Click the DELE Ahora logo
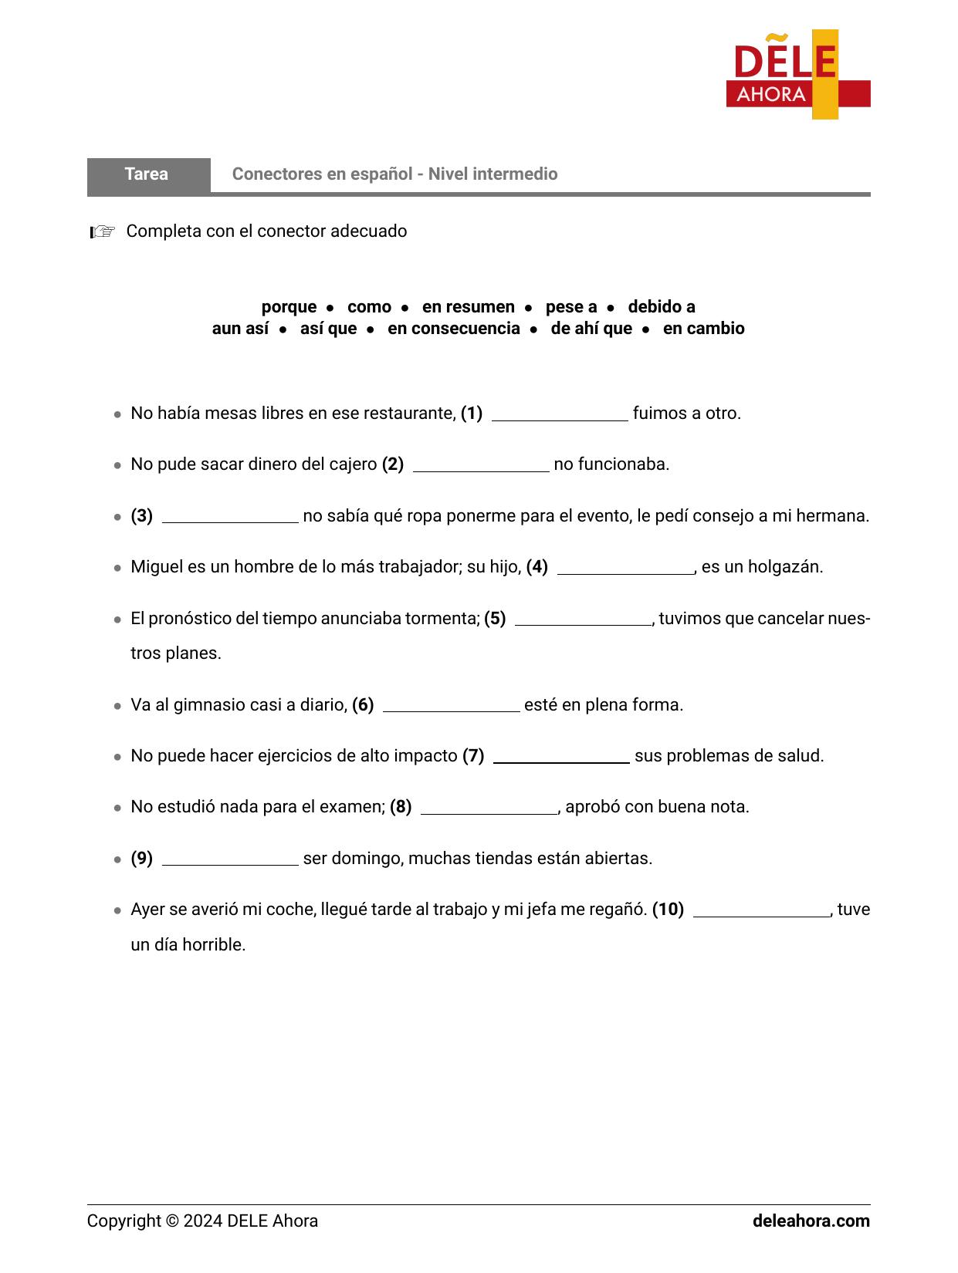(797, 75)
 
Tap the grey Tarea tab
(147, 174)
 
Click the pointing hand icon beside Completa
(103, 231)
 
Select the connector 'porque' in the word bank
(289, 307)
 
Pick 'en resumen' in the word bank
(468, 307)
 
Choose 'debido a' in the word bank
(661, 307)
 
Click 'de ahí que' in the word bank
(591, 329)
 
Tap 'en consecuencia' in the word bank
(454, 329)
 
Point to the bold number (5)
(495, 619)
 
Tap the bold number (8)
(401, 807)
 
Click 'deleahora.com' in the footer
(811, 1221)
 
